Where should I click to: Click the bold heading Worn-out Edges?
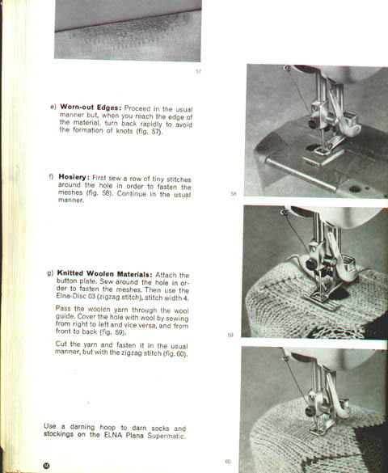click(x=91, y=107)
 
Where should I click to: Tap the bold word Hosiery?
click(x=74, y=177)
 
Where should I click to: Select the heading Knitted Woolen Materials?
click(x=104, y=273)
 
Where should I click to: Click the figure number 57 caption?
click(x=198, y=71)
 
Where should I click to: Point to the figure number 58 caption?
click(x=234, y=194)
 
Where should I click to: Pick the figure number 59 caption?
click(x=230, y=335)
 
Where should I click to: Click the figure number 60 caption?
click(x=228, y=462)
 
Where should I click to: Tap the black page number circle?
click(x=46, y=466)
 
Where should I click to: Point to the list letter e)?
click(x=53, y=107)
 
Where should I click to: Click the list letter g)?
click(x=50, y=273)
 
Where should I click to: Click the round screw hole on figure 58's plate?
click(x=355, y=189)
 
